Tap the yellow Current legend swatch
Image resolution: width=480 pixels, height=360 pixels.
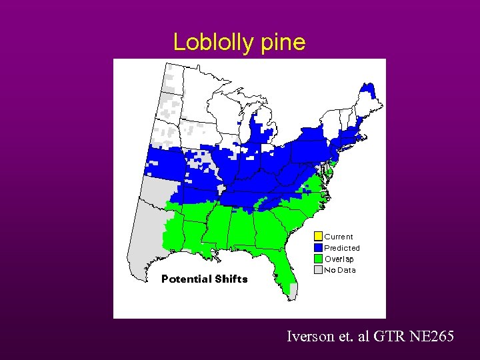pyautogui.click(x=318, y=236)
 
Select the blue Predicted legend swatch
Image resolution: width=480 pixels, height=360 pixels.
pyautogui.click(x=318, y=247)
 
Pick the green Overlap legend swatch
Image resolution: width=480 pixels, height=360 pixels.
pyautogui.click(x=318, y=259)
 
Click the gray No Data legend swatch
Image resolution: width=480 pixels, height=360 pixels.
pyautogui.click(x=318, y=270)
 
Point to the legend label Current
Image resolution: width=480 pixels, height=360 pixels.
pyautogui.click(x=339, y=237)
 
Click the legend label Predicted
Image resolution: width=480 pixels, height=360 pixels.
pyautogui.click(x=342, y=248)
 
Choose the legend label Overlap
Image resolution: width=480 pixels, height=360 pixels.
pyautogui.click(x=339, y=259)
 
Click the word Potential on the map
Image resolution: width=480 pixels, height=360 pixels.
pyautogui.click(x=186, y=279)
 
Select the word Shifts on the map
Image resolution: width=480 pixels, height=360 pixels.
pyautogui.click(x=231, y=279)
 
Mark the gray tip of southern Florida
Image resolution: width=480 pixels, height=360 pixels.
pyautogui.click(x=294, y=291)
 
